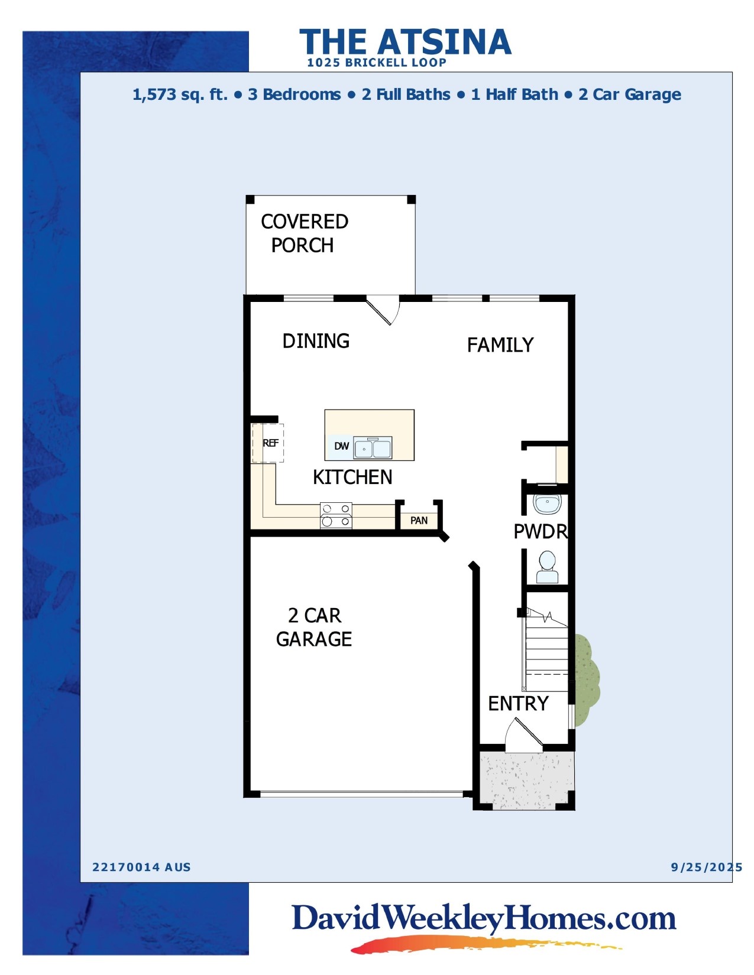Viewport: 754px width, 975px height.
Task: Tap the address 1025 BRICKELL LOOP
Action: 376,63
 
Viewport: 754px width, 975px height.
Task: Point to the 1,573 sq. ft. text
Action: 180,95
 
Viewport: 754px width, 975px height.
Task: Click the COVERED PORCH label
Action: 304,233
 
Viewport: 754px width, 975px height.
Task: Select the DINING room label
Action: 316,341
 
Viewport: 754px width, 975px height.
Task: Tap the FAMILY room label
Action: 500,345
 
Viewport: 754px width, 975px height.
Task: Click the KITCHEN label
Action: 352,477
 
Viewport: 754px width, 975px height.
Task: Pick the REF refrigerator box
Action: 268,443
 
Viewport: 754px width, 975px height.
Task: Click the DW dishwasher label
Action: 341,446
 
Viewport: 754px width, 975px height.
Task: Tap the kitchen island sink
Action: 373,448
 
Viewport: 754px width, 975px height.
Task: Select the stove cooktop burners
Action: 336,515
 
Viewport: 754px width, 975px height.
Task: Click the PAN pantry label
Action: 419,521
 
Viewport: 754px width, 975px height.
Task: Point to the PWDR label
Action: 540,532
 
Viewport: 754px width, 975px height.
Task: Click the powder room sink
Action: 547,505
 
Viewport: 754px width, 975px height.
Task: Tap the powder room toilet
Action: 547,567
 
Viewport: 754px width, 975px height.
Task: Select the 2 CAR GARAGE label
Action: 314,627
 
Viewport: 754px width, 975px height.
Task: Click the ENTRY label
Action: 518,703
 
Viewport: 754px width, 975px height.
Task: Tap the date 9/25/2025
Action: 706,867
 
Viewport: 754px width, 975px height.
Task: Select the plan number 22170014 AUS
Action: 141,867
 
